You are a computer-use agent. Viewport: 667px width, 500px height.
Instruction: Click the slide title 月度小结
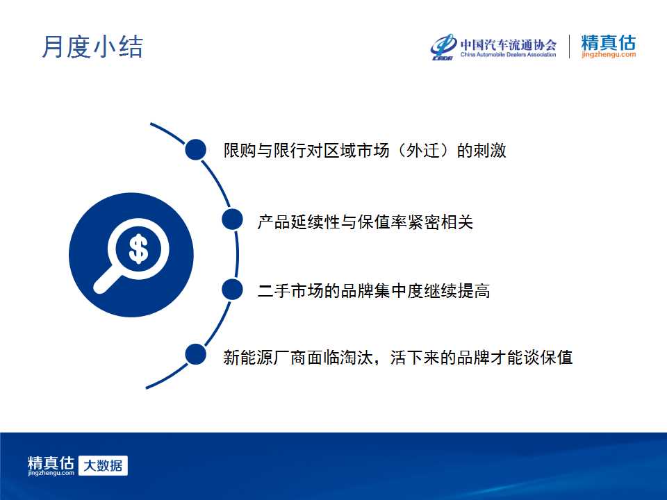tap(92, 47)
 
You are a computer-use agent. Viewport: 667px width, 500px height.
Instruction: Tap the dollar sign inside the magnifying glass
tap(138, 249)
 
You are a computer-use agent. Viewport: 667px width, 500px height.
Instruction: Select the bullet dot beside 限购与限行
tap(196, 150)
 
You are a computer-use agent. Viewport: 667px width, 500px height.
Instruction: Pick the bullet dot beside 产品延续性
tap(232, 219)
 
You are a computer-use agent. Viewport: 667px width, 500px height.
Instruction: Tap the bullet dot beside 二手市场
tap(232, 290)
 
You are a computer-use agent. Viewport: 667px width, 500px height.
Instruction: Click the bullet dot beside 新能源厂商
tap(196, 355)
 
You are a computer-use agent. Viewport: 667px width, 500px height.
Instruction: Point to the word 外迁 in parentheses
tap(422, 150)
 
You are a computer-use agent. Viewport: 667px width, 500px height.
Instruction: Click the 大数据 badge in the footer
tap(103, 465)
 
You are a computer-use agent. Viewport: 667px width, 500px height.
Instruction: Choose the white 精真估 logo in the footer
tap(51, 465)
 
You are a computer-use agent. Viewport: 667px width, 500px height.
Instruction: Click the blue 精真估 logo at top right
tap(609, 42)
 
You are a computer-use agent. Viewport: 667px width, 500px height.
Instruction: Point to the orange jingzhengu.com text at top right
tap(609, 54)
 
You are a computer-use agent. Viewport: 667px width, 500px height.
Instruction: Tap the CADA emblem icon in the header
tap(443, 47)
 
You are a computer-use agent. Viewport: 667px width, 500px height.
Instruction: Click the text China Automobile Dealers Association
tap(509, 54)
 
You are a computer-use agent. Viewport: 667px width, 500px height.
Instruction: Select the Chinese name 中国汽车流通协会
tap(509, 44)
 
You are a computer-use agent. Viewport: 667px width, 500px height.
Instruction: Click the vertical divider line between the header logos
tap(569, 47)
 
